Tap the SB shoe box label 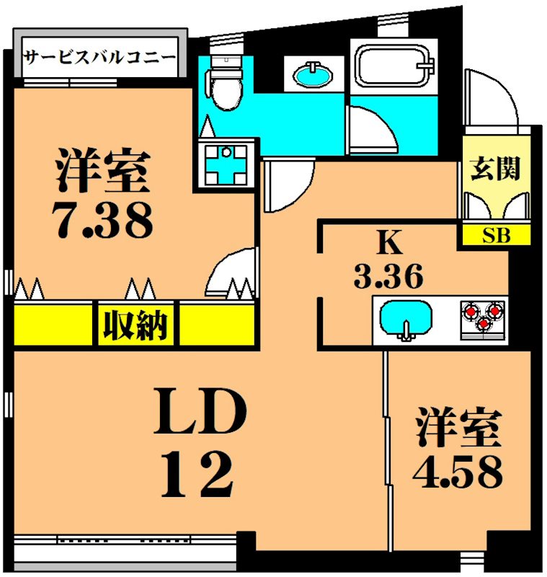(495, 235)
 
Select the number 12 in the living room (196, 474)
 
